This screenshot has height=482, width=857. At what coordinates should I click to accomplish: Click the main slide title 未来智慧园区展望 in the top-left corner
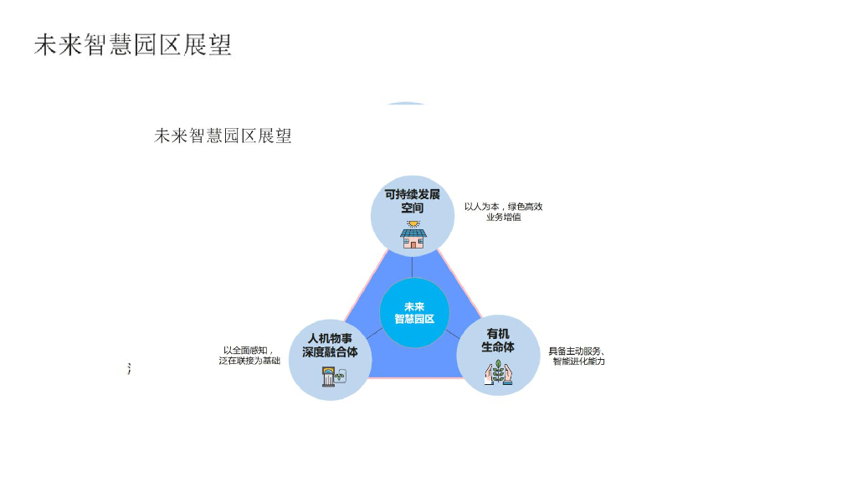click(x=133, y=45)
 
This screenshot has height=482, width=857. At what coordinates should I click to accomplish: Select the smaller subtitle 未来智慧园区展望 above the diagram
click(x=223, y=136)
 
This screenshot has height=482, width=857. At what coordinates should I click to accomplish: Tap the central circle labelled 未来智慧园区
click(x=414, y=313)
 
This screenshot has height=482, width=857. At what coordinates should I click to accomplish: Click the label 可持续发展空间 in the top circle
click(x=412, y=201)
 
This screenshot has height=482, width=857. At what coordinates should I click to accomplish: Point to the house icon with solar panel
click(x=413, y=235)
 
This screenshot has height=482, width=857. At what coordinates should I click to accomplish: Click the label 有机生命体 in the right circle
click(x=498, y=340)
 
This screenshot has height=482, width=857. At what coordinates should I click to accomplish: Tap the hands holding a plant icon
click(x=498, y=372)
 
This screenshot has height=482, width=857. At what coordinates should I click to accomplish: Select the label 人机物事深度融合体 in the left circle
click(x=330, y=346)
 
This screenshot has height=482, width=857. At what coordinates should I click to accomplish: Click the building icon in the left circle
click(x=330, y=377)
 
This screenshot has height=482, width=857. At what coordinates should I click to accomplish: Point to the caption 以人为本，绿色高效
click(x=504, y=207)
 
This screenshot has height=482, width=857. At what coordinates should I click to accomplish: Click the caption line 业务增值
click(x=504, y=218)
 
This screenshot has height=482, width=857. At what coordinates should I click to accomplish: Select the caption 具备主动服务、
click(x=577, y=351)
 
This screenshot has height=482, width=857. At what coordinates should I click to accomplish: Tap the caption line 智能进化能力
click(x=578, y=361)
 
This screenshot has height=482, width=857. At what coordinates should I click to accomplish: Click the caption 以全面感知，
click(x=248, y=350)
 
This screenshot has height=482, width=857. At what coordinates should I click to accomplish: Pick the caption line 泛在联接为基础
click(x=249, y=361)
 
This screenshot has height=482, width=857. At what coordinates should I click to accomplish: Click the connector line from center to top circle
click(x=413, y=266)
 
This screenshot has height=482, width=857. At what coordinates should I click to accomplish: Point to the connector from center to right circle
click(x=454, y=332)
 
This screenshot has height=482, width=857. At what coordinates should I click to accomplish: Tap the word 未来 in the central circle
click(x=414, y=306)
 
